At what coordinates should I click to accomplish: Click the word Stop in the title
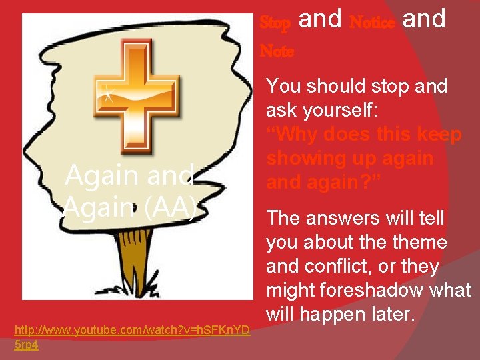tap(275, 23)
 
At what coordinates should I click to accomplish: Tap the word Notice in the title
tap(372, 23)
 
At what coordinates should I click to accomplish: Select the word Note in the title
tap(276, 51)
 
